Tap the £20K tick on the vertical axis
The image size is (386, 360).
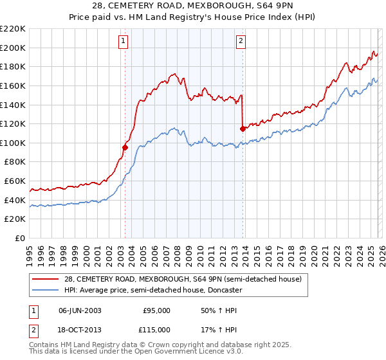(15, 219)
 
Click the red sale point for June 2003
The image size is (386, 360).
(125, 147)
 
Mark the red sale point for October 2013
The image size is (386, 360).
(243, 129)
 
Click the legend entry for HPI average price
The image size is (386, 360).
(153, 290)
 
